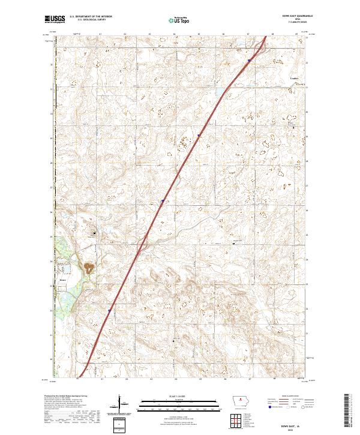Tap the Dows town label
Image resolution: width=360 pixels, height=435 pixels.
point(62,279)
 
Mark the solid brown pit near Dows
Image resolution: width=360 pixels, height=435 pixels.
point(89,266)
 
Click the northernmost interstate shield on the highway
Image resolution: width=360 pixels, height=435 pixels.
point(249,60)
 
